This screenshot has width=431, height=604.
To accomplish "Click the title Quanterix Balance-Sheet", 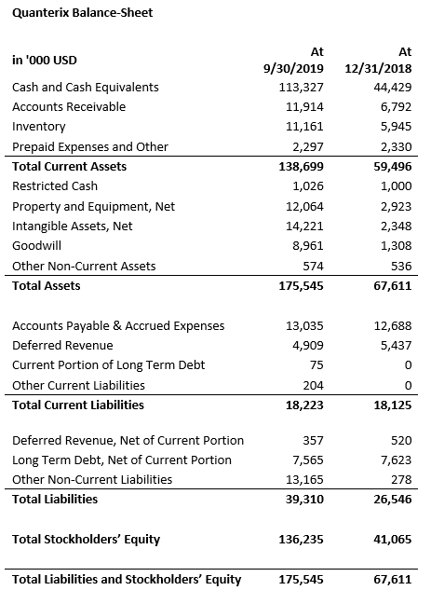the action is click(82, 13).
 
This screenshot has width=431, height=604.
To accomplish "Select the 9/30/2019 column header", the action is click(293, 69).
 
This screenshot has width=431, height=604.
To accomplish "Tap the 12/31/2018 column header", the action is click(378, 69).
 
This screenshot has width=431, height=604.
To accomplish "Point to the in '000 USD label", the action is click(45, 60).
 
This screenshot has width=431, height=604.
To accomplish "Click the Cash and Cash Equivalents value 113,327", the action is click(302, 88).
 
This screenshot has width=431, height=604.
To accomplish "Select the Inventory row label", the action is click(39, 127).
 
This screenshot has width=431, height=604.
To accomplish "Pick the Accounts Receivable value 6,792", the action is click(397, 107).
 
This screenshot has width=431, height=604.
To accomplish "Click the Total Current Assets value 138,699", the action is click(302, 167).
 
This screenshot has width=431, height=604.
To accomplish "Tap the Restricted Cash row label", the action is click(55, 186).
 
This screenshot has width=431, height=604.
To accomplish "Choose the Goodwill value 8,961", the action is click(308, 246).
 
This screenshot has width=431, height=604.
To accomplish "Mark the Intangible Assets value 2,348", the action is click(397, 226).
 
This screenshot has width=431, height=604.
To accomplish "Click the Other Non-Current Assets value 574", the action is click(313, 267).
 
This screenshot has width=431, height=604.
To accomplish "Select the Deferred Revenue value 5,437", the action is click(397, 346).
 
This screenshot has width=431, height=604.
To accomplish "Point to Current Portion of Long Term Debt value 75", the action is click(317, 365).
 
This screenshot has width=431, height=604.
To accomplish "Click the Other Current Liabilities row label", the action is click(78, 386).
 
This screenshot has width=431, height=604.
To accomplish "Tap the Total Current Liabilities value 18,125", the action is click(393, 405).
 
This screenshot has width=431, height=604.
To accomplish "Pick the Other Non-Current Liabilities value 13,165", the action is click(304, 480).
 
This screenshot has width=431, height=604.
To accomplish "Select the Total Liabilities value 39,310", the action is click(304, 500).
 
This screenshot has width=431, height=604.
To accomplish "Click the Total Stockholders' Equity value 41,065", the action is click(393, 540).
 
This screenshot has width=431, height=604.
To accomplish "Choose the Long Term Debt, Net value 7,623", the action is click(397, 460).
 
